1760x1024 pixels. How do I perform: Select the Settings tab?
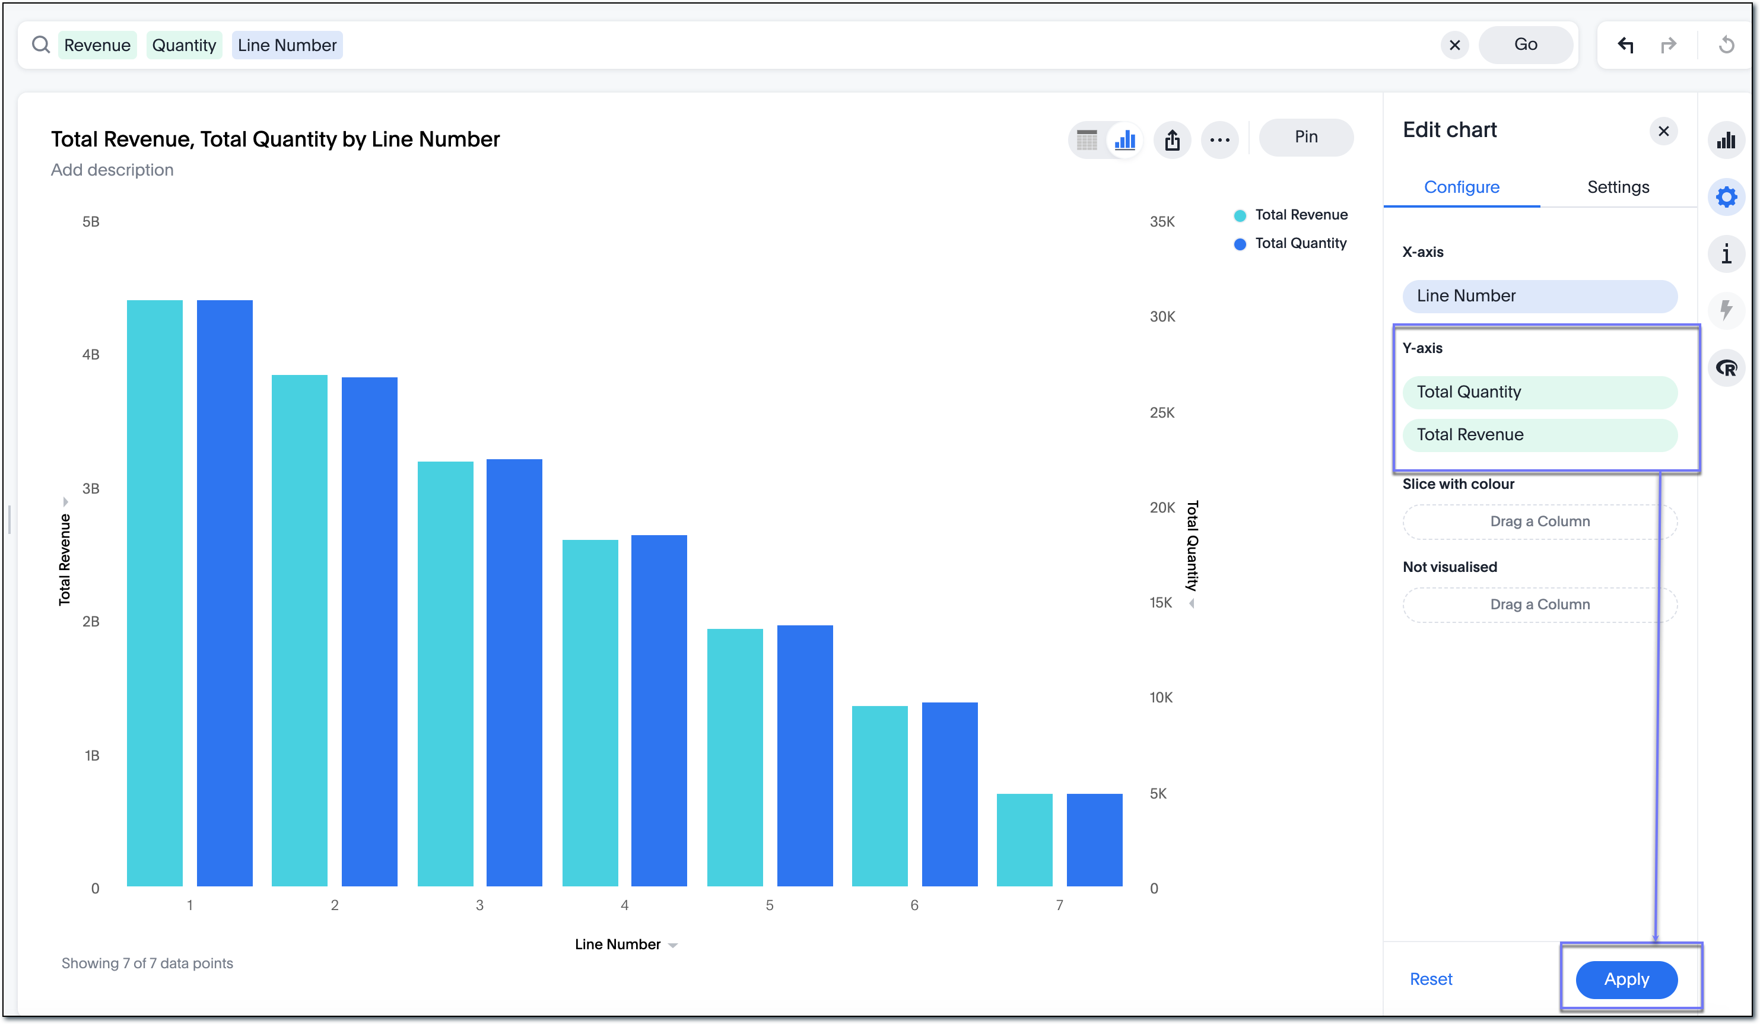(1618, 187)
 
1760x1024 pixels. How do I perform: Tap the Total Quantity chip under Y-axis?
(1539, 392)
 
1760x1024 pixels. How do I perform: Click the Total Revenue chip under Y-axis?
(1539, 434)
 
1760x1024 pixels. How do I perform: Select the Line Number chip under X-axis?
(1539, 296)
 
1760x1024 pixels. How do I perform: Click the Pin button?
(1305, 137)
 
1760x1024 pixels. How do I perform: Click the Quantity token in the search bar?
(184, 46)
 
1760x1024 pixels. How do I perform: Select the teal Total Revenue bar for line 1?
(154, 594)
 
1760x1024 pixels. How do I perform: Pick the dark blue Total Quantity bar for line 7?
(1094, 839)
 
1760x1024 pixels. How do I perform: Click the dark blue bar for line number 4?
(659, 710)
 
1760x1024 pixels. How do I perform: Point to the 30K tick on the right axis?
(1162, 317)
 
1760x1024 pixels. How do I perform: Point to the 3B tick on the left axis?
(91, 489)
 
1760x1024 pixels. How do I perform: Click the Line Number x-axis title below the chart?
(617, 945)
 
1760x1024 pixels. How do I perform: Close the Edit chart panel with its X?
(1663, 131)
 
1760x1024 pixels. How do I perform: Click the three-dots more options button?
(1219, 139)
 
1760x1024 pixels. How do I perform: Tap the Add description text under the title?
(112, 170)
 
